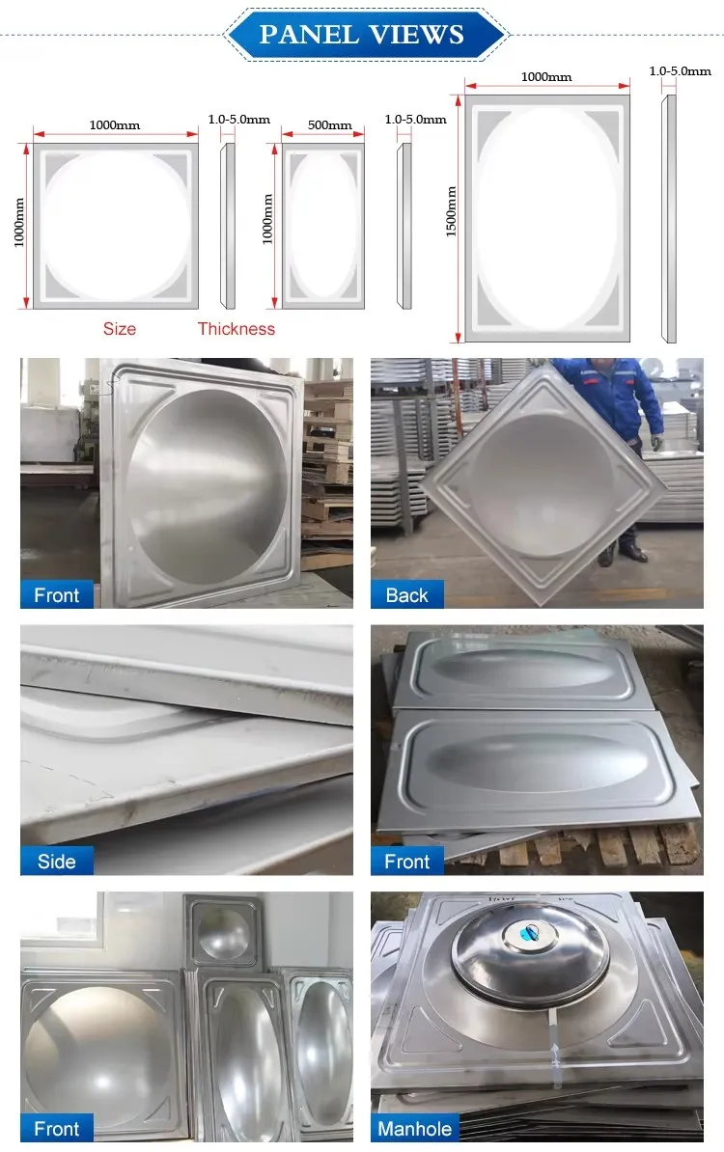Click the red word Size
(119, 328)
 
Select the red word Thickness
(236, 328)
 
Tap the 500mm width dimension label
(329, 124)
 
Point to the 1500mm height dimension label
(452, 211)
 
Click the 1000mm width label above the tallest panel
(546, 76)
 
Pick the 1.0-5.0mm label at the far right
(680, 71)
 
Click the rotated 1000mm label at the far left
(19, 223)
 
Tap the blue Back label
(406, 595)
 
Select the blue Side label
(57, 861)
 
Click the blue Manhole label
(414, 1129)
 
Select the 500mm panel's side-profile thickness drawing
(404, 226)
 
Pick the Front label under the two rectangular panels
(406, 861)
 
